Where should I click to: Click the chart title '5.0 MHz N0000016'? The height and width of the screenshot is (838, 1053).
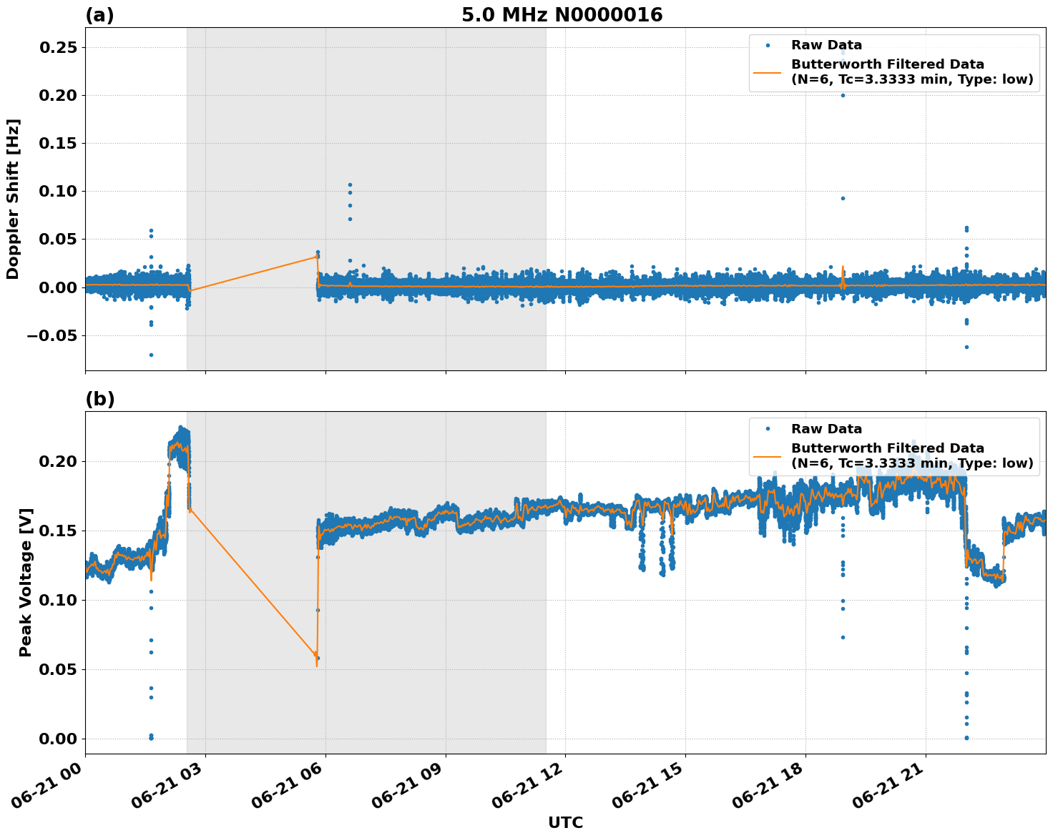(x=562, y=15)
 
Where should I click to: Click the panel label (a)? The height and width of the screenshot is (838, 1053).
(x=99, y=15)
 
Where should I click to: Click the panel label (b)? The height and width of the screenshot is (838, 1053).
(x=99, y=399)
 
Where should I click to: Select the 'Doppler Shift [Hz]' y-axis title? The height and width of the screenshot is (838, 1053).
(x=13, y=199)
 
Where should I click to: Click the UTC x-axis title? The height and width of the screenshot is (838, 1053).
(x=565, y=822)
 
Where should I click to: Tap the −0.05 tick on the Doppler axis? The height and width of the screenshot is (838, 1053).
(x=56, y=335)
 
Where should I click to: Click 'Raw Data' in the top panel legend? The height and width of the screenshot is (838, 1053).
(x=826, y=46)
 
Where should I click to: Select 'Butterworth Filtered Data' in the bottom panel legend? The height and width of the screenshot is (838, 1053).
(x=887, y=448)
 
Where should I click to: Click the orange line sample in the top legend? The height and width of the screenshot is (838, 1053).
(x=768, y=72)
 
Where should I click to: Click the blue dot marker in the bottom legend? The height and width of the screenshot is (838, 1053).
(x=768, y=429)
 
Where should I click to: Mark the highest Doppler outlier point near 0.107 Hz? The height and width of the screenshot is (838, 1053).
(x=350, y=184)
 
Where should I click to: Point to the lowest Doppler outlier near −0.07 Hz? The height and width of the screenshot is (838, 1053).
(x=151, y=355)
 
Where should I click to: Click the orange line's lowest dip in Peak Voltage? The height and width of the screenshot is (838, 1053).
(x=317, y=666)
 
